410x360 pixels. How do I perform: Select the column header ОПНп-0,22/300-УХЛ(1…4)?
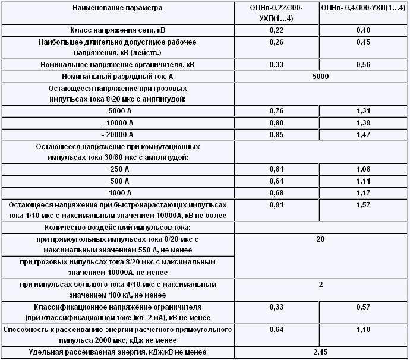click(276, 12)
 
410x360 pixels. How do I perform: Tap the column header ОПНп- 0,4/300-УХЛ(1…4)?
click(364, 8)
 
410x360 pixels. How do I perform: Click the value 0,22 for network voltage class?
click(276, 29)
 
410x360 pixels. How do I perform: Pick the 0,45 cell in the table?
click(364, 42)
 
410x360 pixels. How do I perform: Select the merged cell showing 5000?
click(320, 77)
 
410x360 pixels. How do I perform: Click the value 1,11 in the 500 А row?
click(364, 181)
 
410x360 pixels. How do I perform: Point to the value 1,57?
click(364, 205)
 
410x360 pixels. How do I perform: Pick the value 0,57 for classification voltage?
click(364, 307)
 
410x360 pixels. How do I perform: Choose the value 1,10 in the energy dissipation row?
click(364, 329)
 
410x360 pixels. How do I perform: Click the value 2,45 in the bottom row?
click(320, 353)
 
